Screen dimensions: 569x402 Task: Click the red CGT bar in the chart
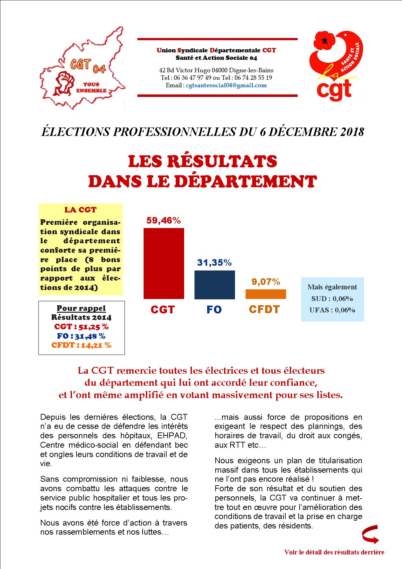coord(164,263)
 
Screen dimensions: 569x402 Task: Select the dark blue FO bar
coord(215,284)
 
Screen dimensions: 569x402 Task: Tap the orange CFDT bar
coord(266,294)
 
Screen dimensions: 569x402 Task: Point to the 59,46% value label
coord(163,221)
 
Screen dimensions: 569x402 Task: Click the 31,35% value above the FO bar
coord(214,262)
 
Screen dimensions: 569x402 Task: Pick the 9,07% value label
coord(266,282)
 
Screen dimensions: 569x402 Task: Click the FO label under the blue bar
coord(214,309)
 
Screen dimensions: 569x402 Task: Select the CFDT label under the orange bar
coord(264,309)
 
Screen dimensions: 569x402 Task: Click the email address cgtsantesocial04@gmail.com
coord(226,85)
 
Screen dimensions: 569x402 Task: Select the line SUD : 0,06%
coord(332,298)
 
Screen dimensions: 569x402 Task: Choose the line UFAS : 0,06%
coord(332,310)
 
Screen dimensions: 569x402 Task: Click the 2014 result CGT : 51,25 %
coord(81,327)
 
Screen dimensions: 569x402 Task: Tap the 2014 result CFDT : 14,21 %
coord(81,345)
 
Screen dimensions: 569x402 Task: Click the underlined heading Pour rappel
coord(81,308)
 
